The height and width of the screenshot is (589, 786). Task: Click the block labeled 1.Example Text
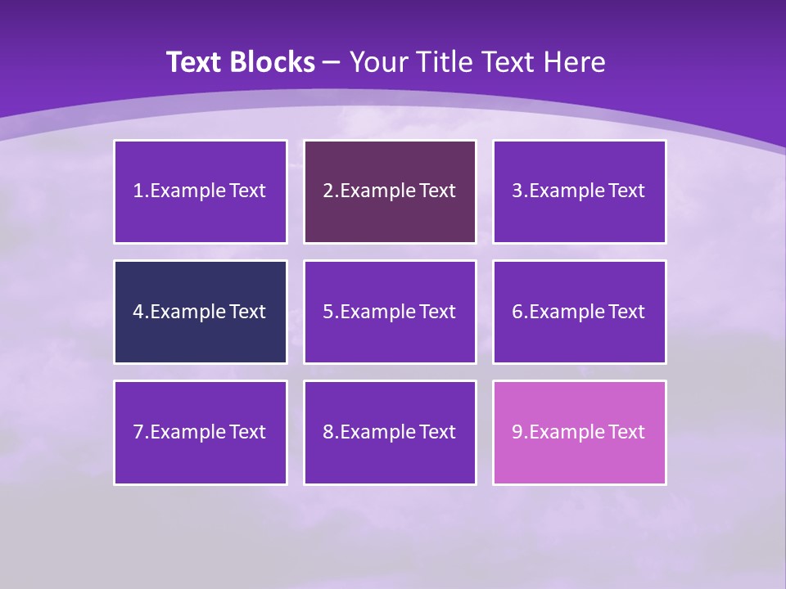point(200,191)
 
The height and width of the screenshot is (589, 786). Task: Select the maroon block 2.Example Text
point(390,191)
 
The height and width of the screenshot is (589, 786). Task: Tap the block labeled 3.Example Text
point(579,191)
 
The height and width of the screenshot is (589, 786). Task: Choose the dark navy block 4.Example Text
point(200,312)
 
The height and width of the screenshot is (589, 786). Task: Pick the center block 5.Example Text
point(390,312)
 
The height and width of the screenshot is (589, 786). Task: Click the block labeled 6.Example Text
point(579,312)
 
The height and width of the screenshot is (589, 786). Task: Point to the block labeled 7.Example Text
point(200,432)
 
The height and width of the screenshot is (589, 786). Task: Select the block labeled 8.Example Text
point(390,432)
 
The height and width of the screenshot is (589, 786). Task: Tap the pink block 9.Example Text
point(579,432)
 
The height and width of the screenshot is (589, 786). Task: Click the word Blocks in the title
point(273,62)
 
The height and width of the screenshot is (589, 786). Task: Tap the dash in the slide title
point(332,62)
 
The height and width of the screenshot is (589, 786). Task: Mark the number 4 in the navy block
point(138,312)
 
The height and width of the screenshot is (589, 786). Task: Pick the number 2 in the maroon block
point(328,191)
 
